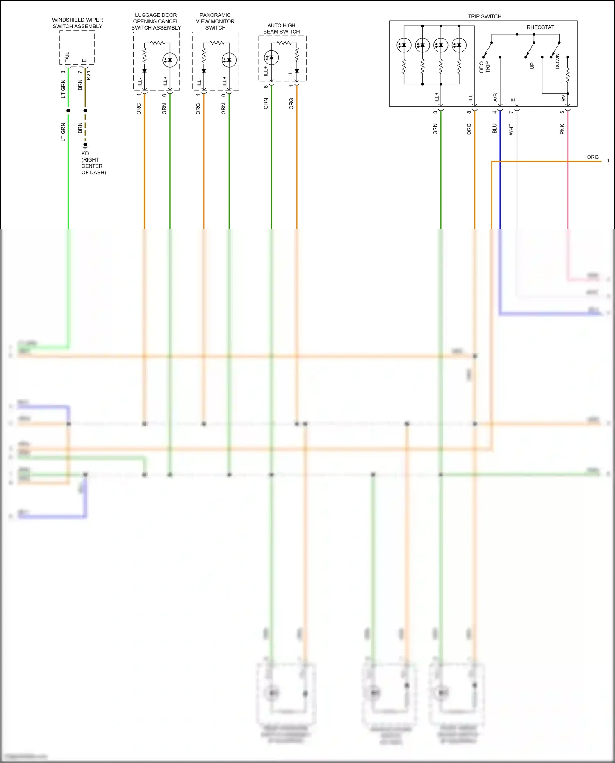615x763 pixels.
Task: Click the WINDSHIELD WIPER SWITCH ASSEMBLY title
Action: point(77,23)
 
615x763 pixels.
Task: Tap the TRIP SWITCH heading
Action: point(485,16)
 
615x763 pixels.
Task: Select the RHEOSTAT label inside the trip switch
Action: point(540,27)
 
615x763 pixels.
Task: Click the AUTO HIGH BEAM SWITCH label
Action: point(281,28)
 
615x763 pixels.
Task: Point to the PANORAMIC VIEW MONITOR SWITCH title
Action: point(215,21)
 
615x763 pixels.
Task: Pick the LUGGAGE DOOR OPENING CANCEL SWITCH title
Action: point(156,21)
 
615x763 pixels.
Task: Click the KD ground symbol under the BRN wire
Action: point(85,145)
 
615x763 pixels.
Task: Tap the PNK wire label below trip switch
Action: point(562,129)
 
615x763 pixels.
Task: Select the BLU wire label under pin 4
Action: point(494,129)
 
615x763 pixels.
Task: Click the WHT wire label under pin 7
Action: point(511,130)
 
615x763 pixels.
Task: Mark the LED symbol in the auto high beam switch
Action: point(271,58)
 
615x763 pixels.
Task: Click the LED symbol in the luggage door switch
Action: point(170,60)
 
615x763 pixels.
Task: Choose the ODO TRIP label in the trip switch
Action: point(485,67)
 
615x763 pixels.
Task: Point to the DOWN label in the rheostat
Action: point(558,61)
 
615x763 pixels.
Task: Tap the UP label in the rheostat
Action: point(532,66)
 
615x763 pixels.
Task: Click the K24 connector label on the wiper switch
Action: point(89,75)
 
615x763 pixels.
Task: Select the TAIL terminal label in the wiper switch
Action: point(68,57)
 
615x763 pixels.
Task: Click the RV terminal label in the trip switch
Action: point(564,99)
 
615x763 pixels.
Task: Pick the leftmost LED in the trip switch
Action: point(404,45)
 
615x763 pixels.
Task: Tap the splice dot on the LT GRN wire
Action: point(68,111)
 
